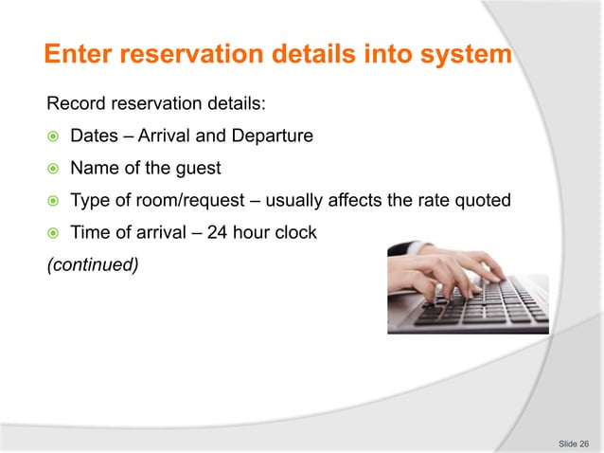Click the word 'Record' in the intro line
pos(77,103)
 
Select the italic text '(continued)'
pos(93,265)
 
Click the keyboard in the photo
pos(483,308)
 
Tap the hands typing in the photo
pos(445,270)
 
